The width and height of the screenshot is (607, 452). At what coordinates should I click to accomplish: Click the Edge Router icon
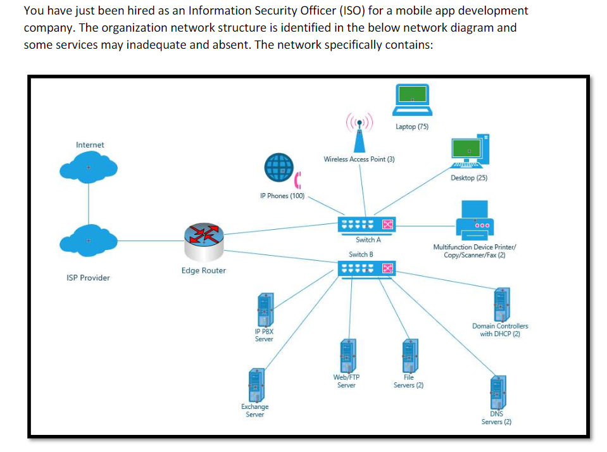coord(204,242)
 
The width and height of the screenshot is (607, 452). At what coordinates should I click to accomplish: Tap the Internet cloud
coord(89,167)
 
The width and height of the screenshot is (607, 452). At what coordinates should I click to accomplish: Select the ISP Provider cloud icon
coord(89,241)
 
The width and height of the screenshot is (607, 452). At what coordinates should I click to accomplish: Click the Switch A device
coord(366,225)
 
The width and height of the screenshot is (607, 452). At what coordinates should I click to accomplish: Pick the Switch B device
coord(366,269)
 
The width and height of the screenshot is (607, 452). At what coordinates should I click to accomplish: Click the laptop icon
coord(412,100)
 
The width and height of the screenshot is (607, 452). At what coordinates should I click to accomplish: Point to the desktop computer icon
coord(470,151)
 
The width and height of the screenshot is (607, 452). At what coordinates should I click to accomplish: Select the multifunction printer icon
coord(475,220)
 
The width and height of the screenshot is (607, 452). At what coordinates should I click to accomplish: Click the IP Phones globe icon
coord(279,168)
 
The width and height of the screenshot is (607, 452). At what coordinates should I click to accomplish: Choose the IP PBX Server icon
coord(266,310)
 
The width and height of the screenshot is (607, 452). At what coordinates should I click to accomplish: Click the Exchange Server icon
coord(256,385)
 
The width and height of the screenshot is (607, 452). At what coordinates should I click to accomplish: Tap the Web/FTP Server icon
coord(348,356)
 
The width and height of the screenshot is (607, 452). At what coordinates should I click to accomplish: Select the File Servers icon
coord(410,356)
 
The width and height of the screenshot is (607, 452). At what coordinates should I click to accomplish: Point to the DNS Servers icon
coord(498,392)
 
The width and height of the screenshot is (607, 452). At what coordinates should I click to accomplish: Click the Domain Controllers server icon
coord(502,304)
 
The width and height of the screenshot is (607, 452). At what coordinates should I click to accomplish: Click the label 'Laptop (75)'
coord(412,127)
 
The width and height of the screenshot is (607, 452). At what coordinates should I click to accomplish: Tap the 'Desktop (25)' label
coord(469,178)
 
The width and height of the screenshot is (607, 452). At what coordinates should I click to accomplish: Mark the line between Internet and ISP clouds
coord(89,204)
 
